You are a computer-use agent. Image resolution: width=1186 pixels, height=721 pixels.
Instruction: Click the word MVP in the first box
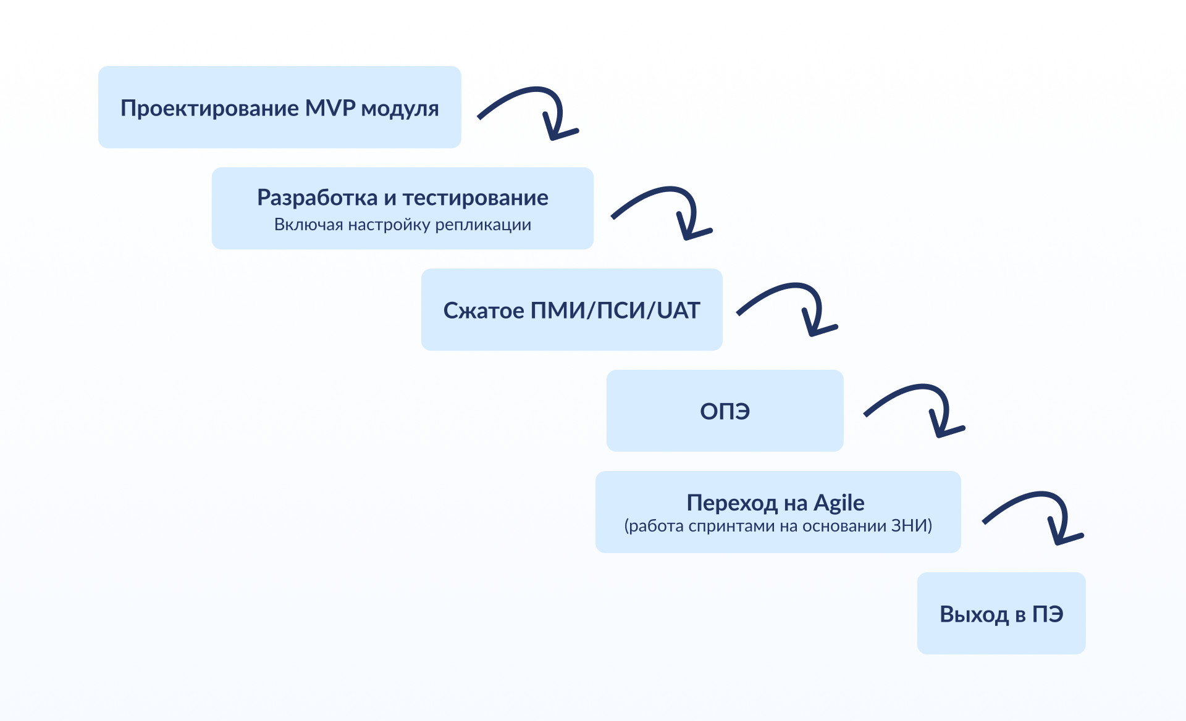330,108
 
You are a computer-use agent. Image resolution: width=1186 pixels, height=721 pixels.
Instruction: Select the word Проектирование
209,108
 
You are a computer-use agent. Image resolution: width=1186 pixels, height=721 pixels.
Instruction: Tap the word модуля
400,109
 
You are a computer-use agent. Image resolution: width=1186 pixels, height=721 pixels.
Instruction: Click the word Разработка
317,198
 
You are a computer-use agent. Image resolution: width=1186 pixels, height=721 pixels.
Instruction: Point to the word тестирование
475,198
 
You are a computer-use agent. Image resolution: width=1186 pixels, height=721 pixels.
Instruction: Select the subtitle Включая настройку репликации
402,225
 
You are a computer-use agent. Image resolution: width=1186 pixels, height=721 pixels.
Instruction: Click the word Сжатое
484,310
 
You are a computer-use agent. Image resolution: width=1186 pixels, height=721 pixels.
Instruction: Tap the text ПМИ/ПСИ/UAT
615,310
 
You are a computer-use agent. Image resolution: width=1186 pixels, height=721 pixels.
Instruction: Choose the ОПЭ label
725,411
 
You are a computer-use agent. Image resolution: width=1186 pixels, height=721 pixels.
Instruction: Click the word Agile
839,503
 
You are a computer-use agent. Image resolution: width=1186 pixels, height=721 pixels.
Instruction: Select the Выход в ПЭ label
1001,614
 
